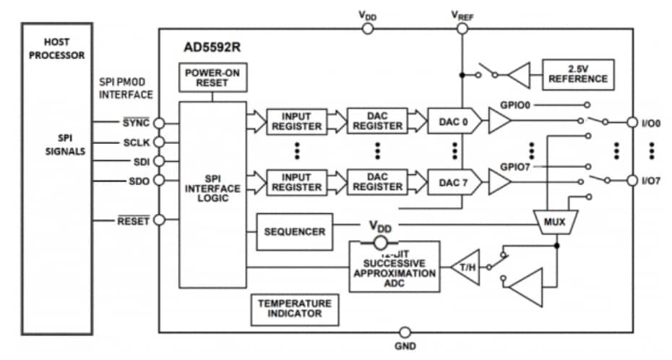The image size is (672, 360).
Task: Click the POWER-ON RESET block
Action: pyautogui.click(x=212, y=77)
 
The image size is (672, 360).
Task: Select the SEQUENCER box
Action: pyautogui.click(x=294, y=231)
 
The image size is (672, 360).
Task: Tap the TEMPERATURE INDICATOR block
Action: pyautogui.click(x=294, y=308)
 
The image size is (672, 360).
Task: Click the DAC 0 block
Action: pyautogui.click(x=454, y=121)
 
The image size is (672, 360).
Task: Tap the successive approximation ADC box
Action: pyautogui.click(x=394, y=268)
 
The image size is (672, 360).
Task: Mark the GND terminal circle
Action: pyautogui.click(x=405, y=332)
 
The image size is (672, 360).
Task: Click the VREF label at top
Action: pyautogui.click(x=461, y=15)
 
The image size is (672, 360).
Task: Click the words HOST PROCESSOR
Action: pyautogui.click(x=57, y=49)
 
